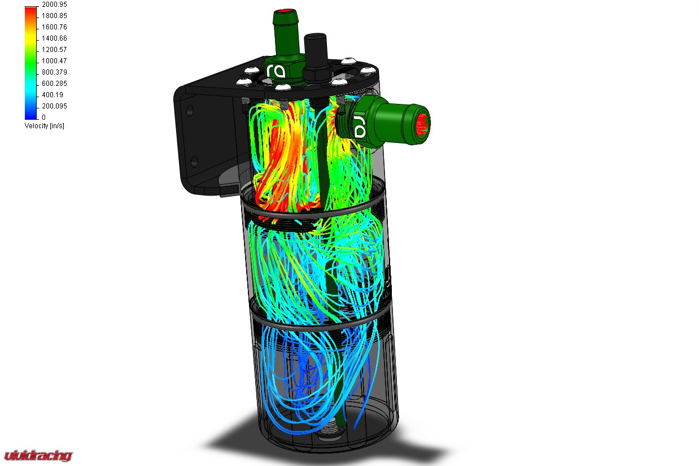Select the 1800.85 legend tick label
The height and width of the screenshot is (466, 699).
tap(54, 16)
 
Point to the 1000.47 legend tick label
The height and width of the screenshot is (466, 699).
tap(54, 61)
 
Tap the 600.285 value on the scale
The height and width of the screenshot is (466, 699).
tap(54, 84)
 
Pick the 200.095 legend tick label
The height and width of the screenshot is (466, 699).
tap(54, 106)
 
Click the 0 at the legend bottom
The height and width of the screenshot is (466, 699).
tap(43, 117)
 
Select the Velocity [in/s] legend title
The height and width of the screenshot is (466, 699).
tap(44, 126)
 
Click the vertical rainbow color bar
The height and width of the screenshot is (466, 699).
tap(31, 62)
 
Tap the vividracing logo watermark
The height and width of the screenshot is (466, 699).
tap(38, 455)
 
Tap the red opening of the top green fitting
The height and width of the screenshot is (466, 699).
tap(287, 11)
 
